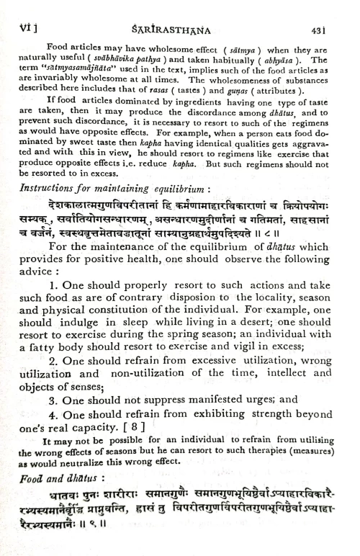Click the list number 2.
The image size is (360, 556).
pyautogui.click(x=53, y=381)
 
